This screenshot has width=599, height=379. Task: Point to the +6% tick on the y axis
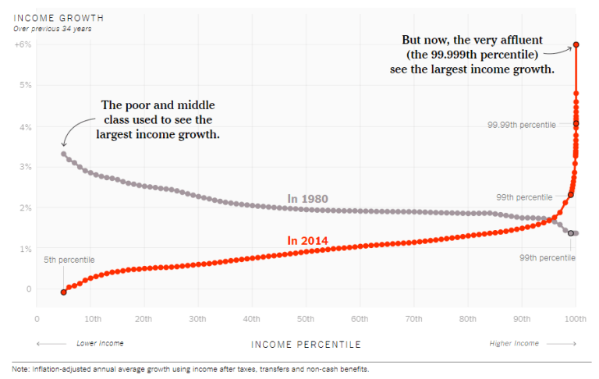pyautogui.click(x=22, y=44)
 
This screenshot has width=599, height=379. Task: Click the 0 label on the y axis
pyautogui.click(x=28, y=289)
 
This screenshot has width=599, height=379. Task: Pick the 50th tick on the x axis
pyautogui.click(x=305, y=319)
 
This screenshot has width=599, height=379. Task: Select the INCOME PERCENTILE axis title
pyautogui.click(x=307, y=344)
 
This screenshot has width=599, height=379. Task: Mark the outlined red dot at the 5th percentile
pyautogui.click(x=63, y=292)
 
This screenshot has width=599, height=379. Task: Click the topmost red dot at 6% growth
pyautogui.click(x=576, y=44)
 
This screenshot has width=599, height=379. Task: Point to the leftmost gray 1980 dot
pyautogui.click(x=63, y=154)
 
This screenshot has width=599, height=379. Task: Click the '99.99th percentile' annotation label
pyautogui.click(x=521, y=125)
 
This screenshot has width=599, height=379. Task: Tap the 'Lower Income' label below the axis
pyautogui.click(x=100, y=343)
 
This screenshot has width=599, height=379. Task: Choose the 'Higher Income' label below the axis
pyautogui.click(x=513, y=343)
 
